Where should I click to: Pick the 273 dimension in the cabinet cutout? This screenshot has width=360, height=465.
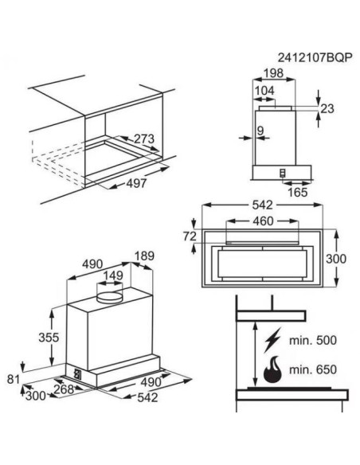[x=144, y=139]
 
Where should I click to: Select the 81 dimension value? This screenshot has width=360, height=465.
[x=11, y=378]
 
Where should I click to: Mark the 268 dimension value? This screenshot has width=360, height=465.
[x=61, y=389]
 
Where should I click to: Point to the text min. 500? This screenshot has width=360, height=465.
[x=315, y=340]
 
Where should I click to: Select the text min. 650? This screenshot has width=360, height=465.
[x=315, y=371]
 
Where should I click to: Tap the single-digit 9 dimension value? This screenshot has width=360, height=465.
[x=260, y=130]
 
